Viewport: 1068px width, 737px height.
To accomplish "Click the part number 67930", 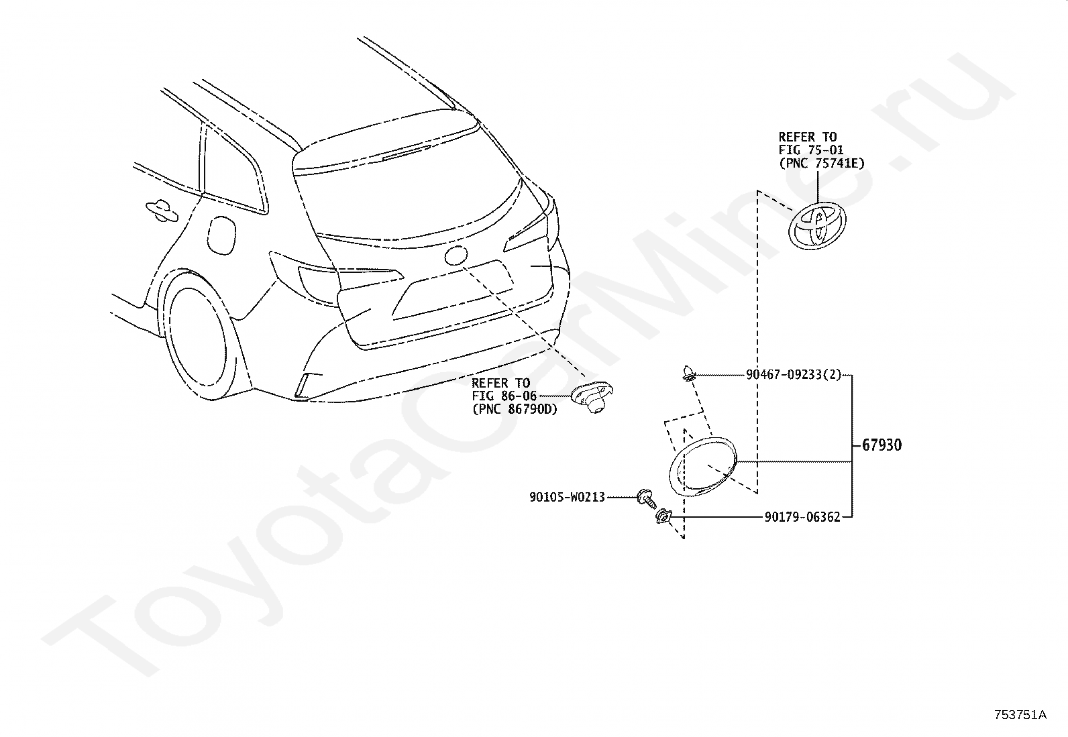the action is point(882,445).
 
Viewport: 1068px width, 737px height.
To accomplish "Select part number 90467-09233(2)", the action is point(793,376).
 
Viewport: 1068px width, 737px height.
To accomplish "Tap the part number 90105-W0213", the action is point(567,498).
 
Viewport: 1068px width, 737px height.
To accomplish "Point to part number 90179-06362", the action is point(802,517).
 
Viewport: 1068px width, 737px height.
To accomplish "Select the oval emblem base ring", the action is point(703,467).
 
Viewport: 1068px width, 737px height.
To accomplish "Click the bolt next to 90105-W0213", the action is point(646,498).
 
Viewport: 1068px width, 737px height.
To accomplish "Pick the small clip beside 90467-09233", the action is point(688,372).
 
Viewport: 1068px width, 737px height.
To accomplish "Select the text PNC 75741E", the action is point(821,162).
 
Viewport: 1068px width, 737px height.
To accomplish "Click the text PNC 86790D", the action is point(515,409).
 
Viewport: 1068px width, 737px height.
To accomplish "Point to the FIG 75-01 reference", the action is point(811,150).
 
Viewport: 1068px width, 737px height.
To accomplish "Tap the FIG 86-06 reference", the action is point(504,396).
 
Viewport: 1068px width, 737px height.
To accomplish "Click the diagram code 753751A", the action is point(1020,715).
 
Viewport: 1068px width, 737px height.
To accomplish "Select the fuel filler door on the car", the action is point(223,234).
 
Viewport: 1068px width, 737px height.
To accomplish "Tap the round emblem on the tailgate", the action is point(456,256).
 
